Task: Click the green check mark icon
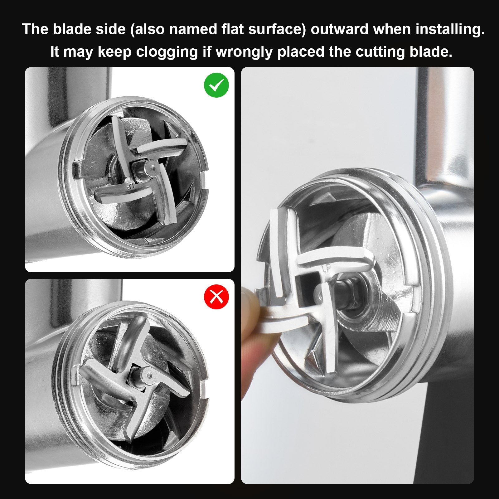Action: point(216,85)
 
